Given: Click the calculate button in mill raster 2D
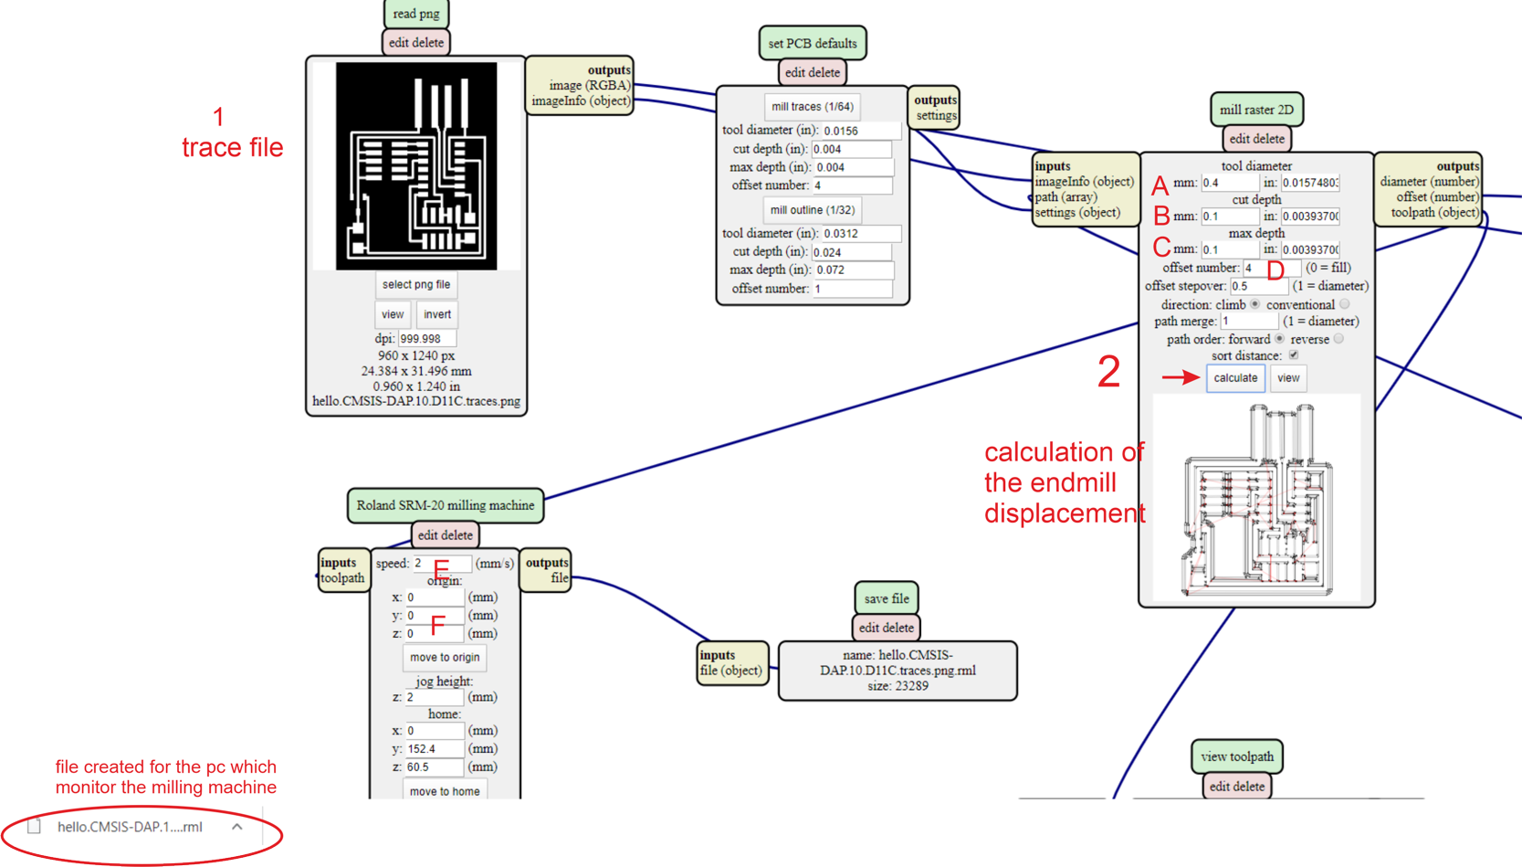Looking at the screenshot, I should tap(1235, 377).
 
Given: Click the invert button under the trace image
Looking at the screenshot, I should tap(437, 314).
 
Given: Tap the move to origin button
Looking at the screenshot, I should tap(445, 657).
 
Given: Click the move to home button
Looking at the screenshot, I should tap(445, 790).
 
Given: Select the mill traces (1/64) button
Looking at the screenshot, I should tap(812, 107).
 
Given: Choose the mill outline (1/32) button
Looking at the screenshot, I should tap(812, 210).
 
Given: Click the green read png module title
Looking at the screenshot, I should tap(416, 14).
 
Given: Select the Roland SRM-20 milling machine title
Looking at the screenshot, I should tap(446, 505).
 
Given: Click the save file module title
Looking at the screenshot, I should tap(887, 598).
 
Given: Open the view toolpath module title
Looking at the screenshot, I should tap(1237, 756).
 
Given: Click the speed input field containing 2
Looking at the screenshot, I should tap(440, 564).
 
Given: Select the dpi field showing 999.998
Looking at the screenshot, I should tap(426, 339).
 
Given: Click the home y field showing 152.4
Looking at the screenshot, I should tap(435, 749).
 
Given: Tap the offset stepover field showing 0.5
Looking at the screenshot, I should tap(1258, 286).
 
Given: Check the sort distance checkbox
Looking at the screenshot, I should tap(1294, 355).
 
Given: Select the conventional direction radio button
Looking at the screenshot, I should tap(1344, 304).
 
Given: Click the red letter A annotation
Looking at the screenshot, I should tap(1160, 186).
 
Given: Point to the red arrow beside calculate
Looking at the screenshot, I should tap(1181, 376).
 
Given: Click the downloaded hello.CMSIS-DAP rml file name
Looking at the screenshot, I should tap(130, 827).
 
